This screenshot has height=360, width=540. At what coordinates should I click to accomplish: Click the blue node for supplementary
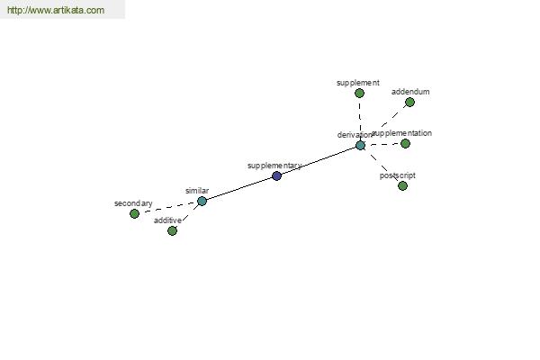coord(277,176)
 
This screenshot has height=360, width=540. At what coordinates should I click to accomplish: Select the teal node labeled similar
coord(202,202)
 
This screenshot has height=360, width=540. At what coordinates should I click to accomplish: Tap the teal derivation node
coord(360,146)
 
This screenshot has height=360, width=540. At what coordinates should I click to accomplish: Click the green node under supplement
coord(359,93)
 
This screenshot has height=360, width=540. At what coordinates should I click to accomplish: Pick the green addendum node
coord(409,102)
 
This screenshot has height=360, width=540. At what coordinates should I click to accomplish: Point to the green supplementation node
coord(406,143)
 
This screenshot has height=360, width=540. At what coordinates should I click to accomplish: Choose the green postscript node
coord(402,185)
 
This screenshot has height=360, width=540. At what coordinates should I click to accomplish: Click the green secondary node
coord(135,213)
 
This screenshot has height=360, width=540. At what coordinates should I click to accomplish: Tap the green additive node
coord(172,230)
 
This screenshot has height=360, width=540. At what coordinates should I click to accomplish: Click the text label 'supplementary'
coord(274,166)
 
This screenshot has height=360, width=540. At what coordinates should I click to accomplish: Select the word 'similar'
coord(197,191)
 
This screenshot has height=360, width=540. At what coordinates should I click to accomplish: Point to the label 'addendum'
coord(410,92)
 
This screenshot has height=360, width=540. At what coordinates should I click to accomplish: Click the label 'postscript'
coord(398,175)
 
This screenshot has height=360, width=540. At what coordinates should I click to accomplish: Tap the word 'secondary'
coord(133,203)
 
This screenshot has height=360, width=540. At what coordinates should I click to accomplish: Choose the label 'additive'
coord(167,220)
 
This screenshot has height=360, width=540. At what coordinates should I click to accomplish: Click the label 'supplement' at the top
coord(358,83)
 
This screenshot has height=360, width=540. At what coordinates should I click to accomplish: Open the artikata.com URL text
coord(56,10)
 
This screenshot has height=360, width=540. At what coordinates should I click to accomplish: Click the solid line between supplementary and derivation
coord(319,161)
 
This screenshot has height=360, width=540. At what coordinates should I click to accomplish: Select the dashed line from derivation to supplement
coord(360,119)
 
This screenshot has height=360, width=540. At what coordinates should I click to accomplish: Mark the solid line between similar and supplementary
coord(239,188)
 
